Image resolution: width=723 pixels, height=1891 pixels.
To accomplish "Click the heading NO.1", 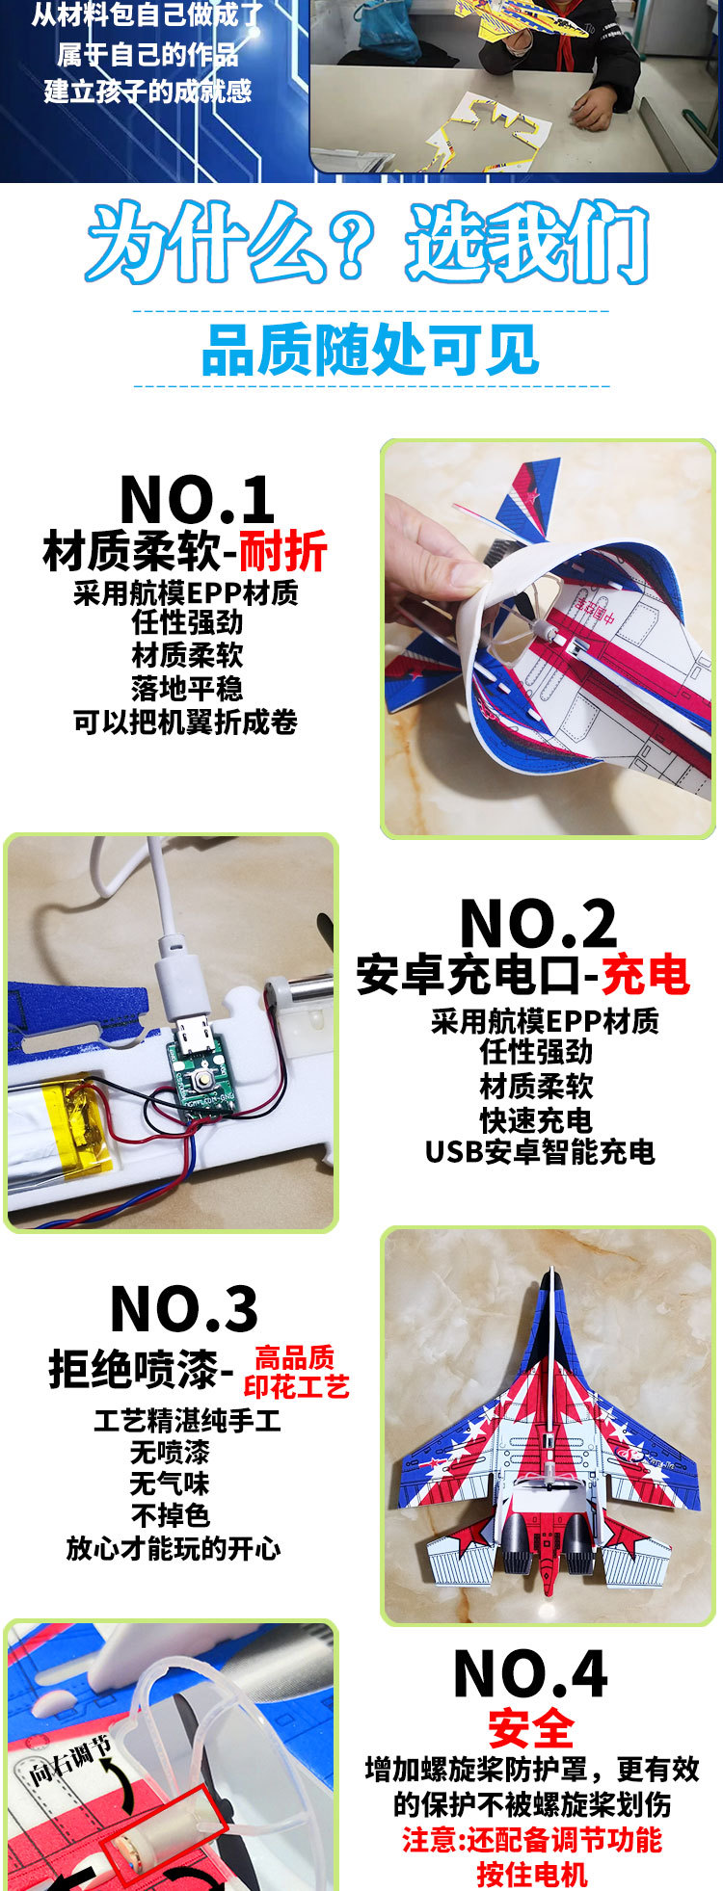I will coord(197,500).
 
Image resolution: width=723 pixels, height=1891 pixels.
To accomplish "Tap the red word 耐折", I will coord(282,552).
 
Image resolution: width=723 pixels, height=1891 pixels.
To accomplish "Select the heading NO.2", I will coord(537,924).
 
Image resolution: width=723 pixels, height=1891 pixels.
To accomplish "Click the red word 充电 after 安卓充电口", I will coord(645,975).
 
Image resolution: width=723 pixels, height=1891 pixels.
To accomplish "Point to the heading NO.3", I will coord(184,1309).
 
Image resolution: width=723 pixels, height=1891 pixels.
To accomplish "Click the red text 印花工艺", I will coord(296,1386).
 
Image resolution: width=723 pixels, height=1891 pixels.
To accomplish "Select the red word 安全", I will coord(530,1728).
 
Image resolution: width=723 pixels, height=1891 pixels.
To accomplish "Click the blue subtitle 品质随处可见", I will coord(370,351).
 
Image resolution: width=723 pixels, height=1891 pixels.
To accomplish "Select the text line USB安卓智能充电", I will coord(540,1151).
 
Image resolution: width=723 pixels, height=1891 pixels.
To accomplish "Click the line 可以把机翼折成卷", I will coord(185,722).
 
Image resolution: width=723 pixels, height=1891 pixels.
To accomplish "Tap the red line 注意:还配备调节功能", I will coord(531,1839).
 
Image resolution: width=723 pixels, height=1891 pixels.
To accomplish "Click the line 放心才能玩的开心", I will coord(173,1547).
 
